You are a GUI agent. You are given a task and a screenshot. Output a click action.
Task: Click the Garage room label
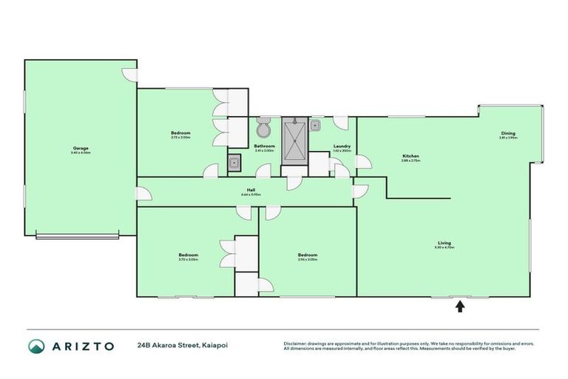(81, 147)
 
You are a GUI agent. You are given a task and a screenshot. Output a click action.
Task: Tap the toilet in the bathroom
(263, 129)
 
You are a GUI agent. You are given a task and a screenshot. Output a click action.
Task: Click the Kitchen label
(410, 156)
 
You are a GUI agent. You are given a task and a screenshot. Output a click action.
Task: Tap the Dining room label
(507, 133)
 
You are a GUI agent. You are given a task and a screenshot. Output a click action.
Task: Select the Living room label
(444, 242)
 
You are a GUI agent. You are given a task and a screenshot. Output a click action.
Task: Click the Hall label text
(251, 189)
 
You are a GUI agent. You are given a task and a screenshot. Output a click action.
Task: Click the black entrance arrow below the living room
(459, 306)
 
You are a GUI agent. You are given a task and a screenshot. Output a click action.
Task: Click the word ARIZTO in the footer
(83, 346)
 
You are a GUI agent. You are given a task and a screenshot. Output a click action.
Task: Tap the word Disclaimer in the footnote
(295, 343)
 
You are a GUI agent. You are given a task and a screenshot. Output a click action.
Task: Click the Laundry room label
(342, 146)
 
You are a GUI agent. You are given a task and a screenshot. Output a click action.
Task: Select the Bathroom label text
(264, 146)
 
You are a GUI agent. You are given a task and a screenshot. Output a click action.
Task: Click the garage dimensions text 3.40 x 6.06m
(81, 152)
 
